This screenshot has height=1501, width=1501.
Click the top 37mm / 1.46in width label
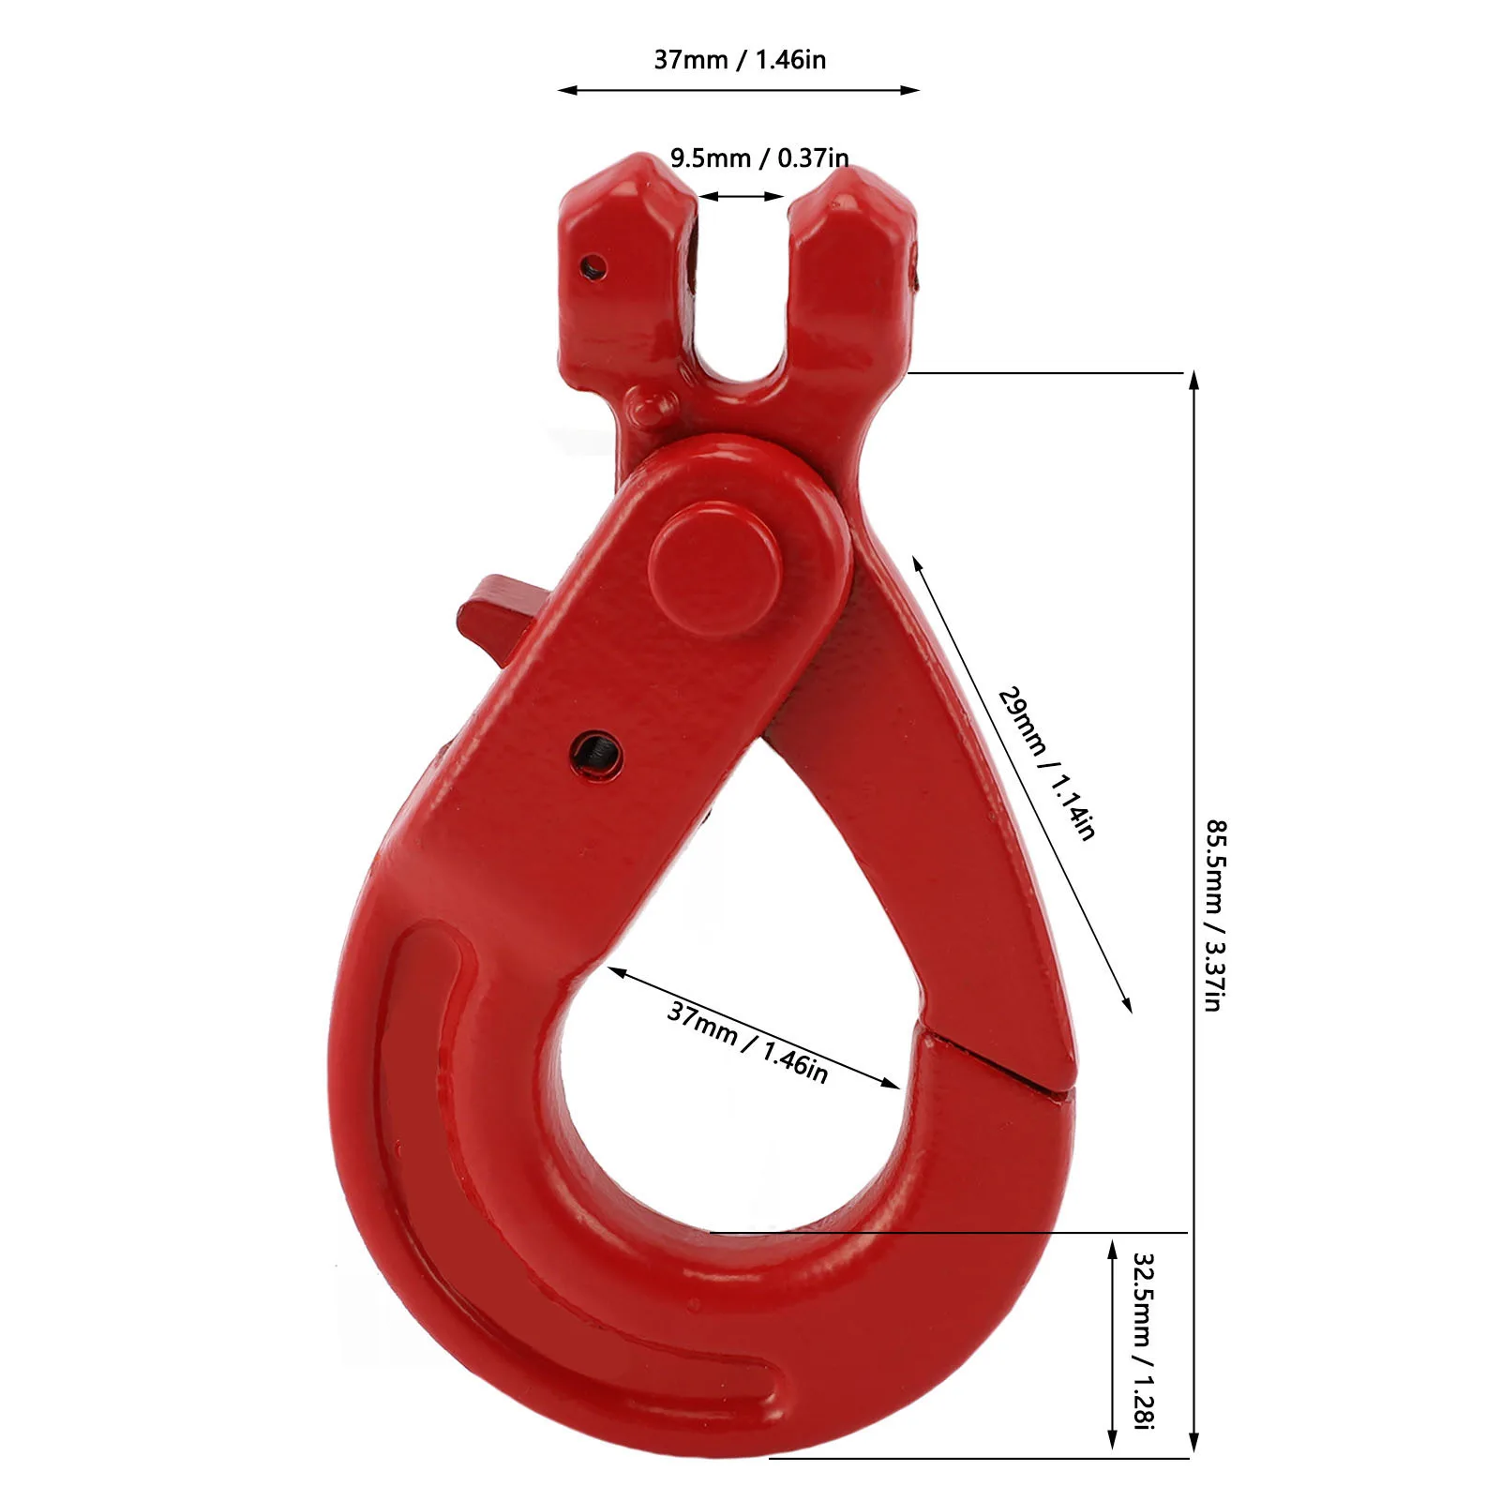tap(740, 60)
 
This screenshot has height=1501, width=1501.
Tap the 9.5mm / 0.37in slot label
tap(759, 158)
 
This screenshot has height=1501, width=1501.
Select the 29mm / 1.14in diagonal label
tap(1046, 762)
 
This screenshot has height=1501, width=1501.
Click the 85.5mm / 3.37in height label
tap(1215, 915)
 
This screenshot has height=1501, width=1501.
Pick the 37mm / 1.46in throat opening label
tap(747, 1042)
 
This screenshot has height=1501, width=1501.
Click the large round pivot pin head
tap(715, 567)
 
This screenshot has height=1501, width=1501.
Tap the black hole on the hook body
tap(597, 751)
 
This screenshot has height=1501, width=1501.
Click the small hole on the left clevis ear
tap(590, 267)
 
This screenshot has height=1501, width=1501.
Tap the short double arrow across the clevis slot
tap(741, 196)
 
